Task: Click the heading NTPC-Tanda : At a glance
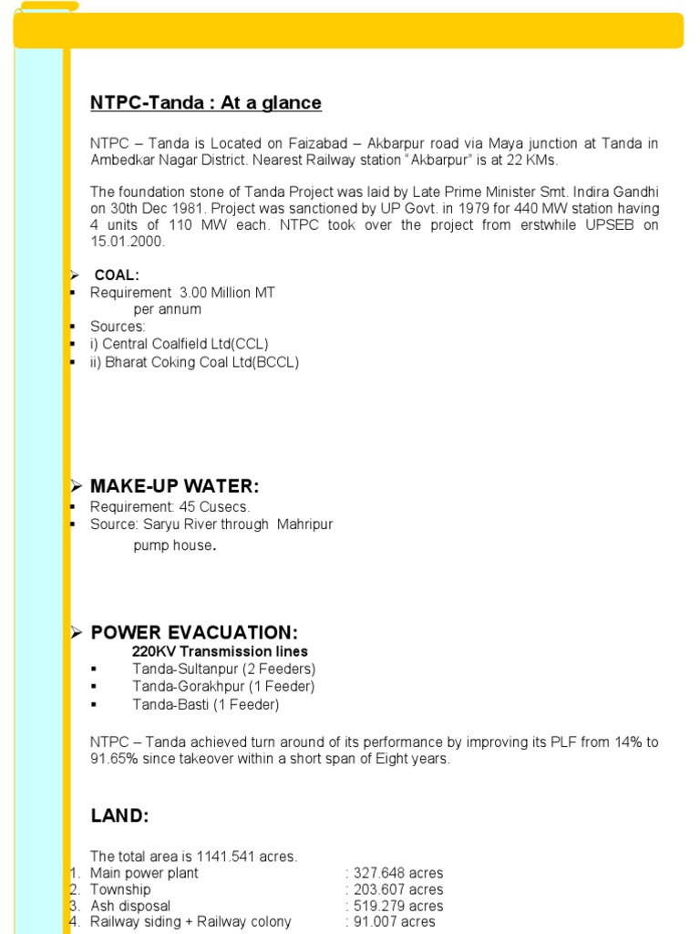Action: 205,103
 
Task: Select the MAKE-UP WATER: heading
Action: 175,487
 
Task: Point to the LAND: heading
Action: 119,816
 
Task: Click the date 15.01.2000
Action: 127,242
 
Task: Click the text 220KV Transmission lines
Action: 220,651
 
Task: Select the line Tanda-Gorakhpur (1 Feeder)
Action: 223,686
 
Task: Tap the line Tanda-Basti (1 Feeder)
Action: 205,704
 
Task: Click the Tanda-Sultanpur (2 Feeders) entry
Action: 223,669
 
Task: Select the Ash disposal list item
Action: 130,906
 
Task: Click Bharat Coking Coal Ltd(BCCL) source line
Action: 194,362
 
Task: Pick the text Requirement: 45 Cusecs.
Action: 170,507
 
